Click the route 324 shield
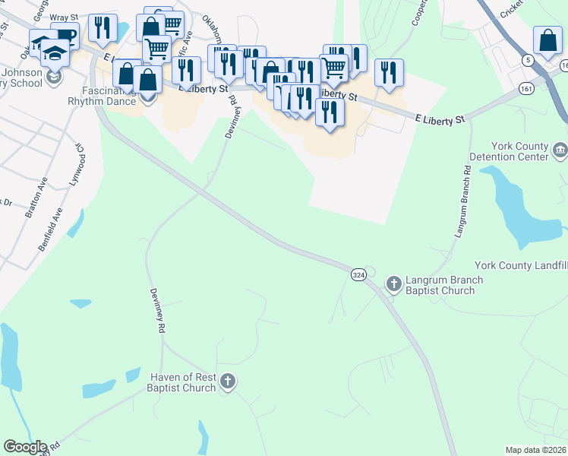pos(358,273)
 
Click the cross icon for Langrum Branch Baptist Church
pos(393,284)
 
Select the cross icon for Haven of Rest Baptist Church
pos(227,382)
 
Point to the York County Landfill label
pos(521,265)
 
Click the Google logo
pos(25,447)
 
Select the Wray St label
pos(64,17)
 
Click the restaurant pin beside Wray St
pos(102,27)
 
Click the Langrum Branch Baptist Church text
pos(444,284)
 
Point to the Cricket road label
pos(513,9)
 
